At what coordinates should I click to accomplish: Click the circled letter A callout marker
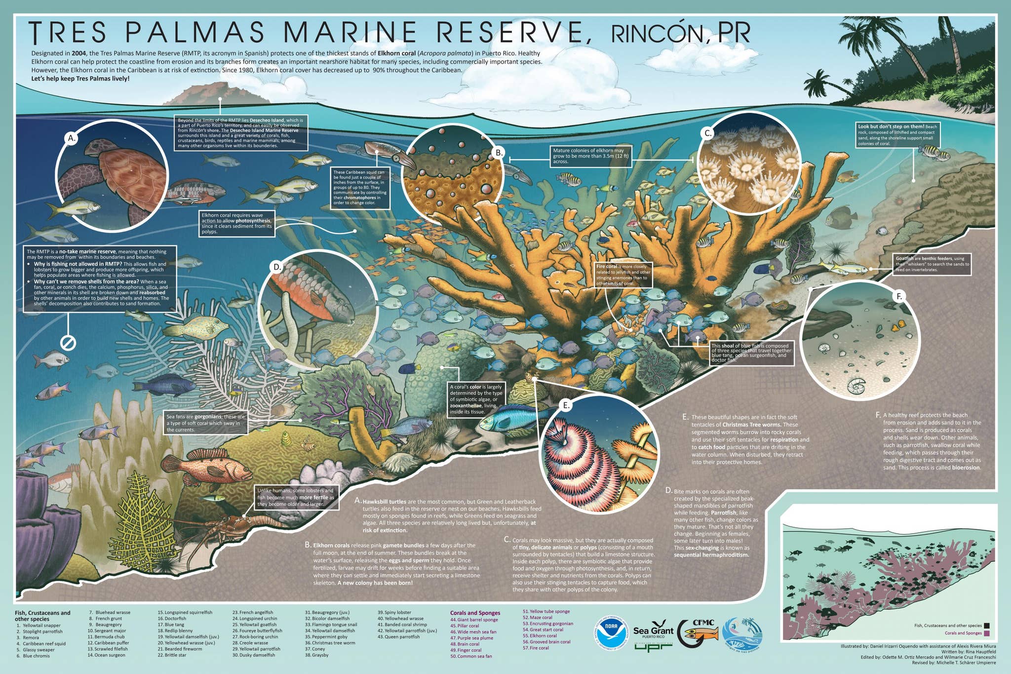point(72,138)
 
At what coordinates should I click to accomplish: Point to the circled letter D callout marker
point(277,267)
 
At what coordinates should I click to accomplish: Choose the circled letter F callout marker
point(899,296)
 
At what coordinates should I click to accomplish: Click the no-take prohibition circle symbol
point(68,342)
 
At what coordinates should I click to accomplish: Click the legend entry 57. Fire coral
point(536,648)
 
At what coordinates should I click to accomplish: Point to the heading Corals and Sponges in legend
point(475,613)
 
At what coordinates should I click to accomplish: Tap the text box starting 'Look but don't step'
point(898,135)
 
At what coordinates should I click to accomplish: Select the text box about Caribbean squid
point(360,187)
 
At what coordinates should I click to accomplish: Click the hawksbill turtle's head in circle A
point(96,147)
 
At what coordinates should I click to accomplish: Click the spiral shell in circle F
point(857,386)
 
